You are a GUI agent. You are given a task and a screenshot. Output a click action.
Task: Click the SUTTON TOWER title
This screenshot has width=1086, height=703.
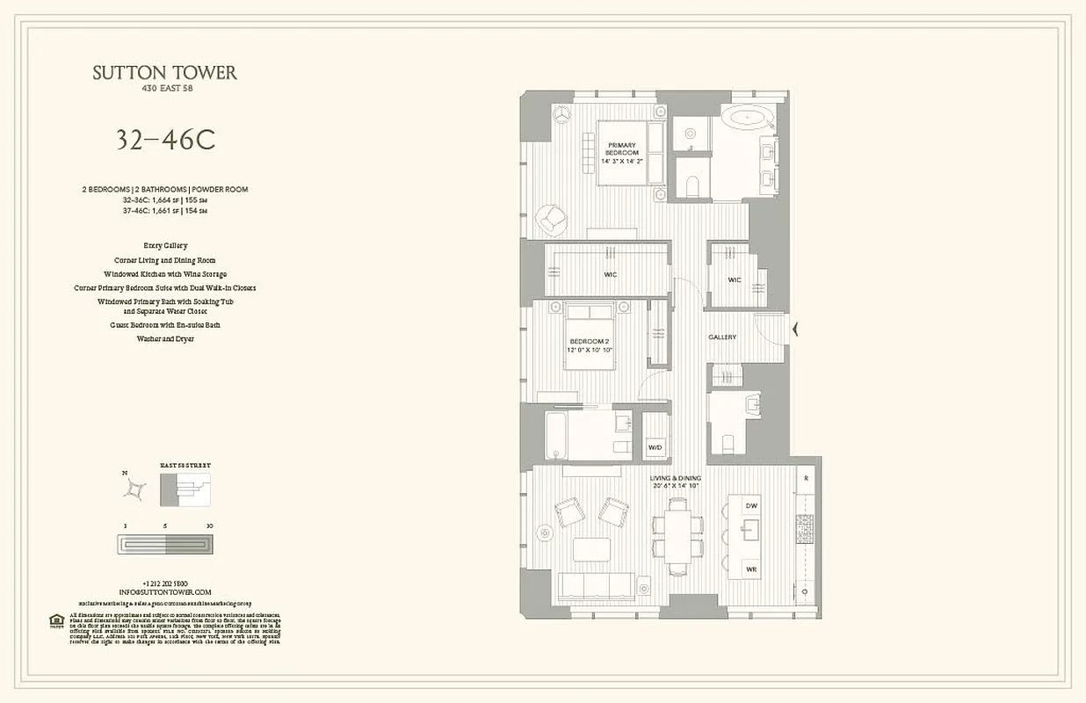[x=165, y=73]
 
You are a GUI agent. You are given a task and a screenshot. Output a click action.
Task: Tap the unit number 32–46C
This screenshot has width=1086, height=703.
[x=165, y=140]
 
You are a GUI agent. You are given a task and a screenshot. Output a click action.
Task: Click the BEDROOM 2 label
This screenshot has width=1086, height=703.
[x=589, y=344]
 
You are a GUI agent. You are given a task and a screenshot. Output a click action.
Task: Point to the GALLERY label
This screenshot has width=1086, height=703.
[x=722, y=337]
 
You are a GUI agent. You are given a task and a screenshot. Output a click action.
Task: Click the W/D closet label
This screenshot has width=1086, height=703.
[x=655, y=447]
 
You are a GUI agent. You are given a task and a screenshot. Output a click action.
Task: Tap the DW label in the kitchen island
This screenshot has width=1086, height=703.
[x=751, y=506]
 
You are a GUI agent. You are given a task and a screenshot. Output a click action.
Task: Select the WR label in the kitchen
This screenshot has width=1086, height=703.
[x=751, y=569]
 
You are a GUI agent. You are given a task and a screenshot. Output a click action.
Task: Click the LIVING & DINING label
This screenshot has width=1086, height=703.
[x=676, y=482]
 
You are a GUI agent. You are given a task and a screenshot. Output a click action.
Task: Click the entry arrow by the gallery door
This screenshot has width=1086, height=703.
[x=796, y=330]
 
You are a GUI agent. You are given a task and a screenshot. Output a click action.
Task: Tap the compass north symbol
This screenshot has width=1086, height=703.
[x=134, y=488]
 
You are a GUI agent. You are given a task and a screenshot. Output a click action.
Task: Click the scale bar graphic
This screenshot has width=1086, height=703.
[x=165, y=545]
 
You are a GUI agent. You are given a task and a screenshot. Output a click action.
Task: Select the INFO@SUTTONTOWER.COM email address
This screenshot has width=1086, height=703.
[x=165, y=592]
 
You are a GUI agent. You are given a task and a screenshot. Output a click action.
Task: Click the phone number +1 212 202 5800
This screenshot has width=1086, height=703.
[x=165, y=583]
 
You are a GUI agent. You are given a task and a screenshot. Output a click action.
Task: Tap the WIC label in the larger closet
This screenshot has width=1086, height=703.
[x=610, y=275]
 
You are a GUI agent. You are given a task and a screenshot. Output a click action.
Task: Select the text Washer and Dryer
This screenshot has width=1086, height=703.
[x=165, y=338]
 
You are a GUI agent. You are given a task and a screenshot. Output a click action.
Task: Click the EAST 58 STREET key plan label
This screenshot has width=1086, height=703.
[x=185, y=465]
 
